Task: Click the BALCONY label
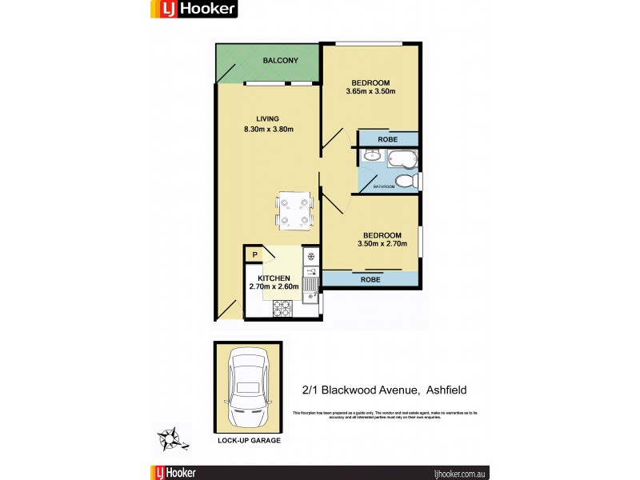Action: [x=280, y=61]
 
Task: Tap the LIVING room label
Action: [x=267, y=118]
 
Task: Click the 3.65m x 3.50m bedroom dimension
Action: [x=370, y=91]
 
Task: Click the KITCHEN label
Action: [x=274, y=278]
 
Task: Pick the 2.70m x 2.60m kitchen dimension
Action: [x=274, y=286]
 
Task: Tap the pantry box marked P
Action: [x=254, y=256]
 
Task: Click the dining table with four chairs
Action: [x=294, y=210]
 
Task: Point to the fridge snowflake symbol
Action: [x=310, y=257]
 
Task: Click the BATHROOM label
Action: [x=384, y=186]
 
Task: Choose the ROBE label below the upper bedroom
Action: [x=387, y=138]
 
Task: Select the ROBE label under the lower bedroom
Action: [x=370, y=280]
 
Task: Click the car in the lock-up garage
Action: [x=248, y=388]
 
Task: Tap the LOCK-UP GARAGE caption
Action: [x=248, y=441]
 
